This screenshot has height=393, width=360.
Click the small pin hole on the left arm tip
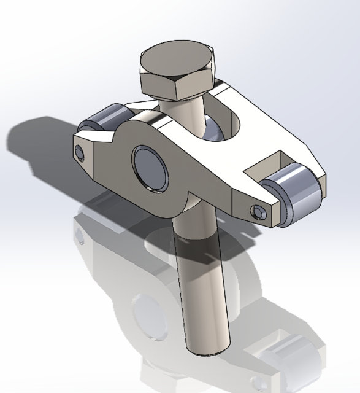click(x=79, y=152)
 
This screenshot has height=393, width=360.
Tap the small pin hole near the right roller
click(x=257, y=212)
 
